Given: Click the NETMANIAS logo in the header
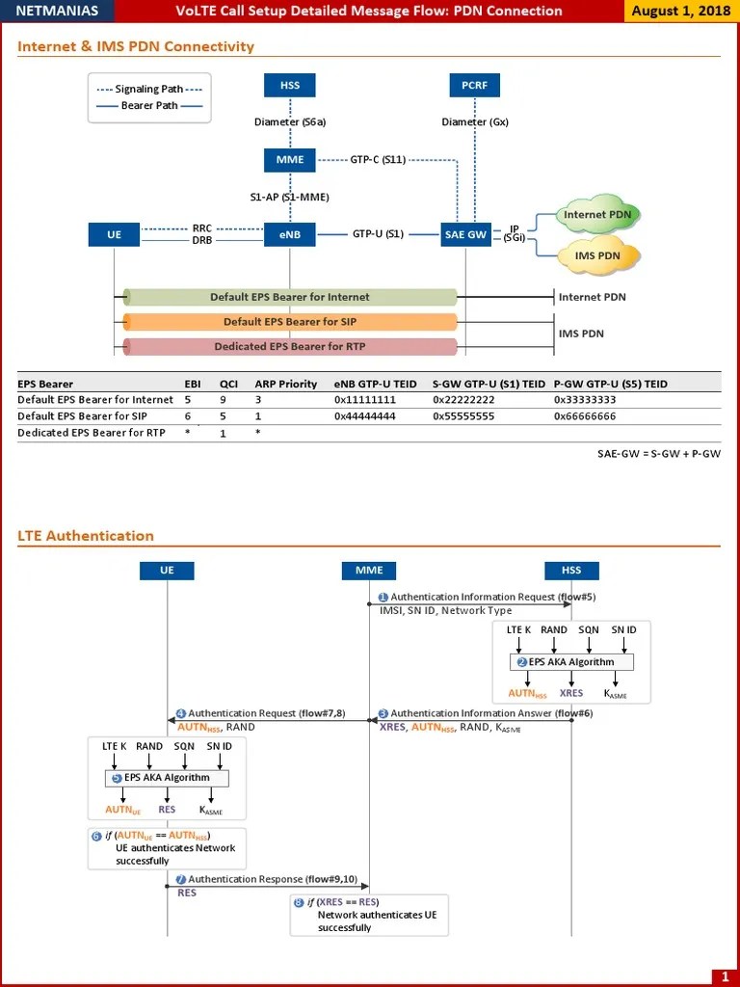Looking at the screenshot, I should point(57,12).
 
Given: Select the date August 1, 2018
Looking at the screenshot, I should point(680,12).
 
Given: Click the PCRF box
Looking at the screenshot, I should point(474,85).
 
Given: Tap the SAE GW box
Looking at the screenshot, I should point(465,234).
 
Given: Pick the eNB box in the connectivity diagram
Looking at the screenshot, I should point(290,234).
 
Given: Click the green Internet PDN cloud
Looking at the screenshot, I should point(598,215).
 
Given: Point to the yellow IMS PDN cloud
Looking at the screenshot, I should point(597,255).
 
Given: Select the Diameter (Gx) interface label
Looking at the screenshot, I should point(475,122).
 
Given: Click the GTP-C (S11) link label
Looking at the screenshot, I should point(378,160).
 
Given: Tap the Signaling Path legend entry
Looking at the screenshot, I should point(149,89).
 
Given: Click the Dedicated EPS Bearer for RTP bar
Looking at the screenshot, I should point(289,347).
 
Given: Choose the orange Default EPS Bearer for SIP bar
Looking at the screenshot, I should point(289,322).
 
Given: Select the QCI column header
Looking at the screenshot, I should point(228,384).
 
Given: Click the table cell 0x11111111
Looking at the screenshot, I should point(365,400).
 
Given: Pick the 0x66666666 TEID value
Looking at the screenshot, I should point(585,416).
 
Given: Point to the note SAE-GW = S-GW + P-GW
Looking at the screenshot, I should point(659,453).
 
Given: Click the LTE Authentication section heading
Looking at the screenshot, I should point(86,536).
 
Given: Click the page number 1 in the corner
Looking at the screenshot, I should point(724,975).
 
